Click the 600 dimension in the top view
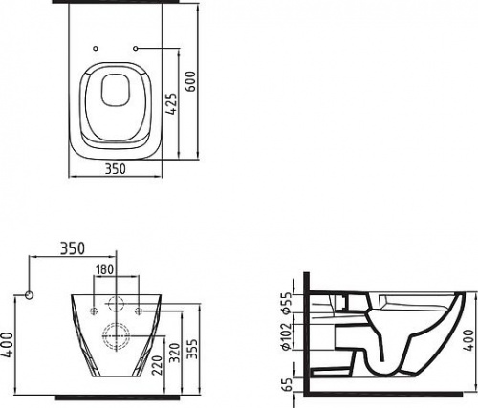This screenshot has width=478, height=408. pyautogui.click(x=190, y=81)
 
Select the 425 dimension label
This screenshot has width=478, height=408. pyautogui.click(x=172, y=104)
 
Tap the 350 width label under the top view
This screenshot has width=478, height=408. pyautogui.click(x=116, y=169)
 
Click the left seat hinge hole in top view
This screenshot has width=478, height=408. pyautogui.click(x=95, y=48)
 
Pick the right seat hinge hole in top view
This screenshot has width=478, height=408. pyautogui.click(x=136, y=48)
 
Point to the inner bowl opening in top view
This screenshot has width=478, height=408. pyautogui.click(x=116, y=90)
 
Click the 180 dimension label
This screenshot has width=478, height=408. pyautogui.click(x=104, y=269)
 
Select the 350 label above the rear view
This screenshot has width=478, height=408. pyautogui.click(x=73, y=248)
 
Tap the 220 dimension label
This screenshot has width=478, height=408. pyautogui.click(x=158, y=365)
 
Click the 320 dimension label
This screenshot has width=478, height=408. pyautogui.click(x=175, y=353)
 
